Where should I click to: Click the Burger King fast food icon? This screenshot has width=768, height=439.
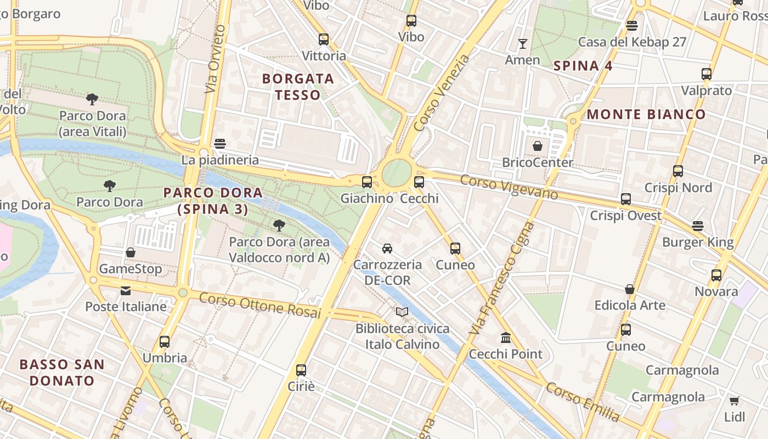697,226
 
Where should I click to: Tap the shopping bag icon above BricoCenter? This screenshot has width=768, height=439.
538,146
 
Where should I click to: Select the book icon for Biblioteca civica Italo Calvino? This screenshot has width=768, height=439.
402,312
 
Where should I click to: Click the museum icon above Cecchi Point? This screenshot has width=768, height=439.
505,337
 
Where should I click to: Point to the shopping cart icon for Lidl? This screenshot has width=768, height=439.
734,401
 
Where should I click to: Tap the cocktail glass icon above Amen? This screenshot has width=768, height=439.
522,43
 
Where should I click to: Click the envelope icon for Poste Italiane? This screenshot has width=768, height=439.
126,290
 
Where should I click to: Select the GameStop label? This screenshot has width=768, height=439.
131,269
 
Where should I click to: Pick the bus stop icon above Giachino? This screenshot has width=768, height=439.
366,182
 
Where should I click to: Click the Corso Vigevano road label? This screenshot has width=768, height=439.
509,187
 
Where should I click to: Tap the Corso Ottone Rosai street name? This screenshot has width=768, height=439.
259,305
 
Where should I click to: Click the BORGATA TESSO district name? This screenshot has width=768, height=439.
298,87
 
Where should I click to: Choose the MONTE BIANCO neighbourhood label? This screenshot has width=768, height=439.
646,114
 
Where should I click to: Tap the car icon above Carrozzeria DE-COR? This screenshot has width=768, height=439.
387,248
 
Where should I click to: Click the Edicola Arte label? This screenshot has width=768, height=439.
630,305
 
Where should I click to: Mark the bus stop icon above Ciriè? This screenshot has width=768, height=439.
301,370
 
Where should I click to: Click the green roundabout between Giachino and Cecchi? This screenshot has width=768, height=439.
396,173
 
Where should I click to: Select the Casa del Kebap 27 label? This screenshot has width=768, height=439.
632,42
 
